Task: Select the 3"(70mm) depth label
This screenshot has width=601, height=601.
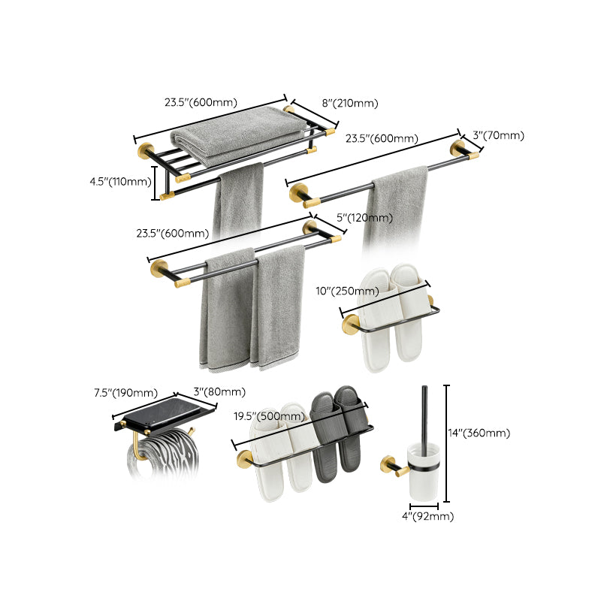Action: point(498,136)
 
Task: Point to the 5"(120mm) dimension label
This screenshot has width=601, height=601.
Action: point(364,218)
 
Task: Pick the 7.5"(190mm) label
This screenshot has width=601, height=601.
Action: point(125,392)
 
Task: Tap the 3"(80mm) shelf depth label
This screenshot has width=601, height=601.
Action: point(219,392)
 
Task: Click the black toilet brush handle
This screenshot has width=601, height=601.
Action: point(425,413)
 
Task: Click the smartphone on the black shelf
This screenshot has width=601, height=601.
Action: point(168,410)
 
